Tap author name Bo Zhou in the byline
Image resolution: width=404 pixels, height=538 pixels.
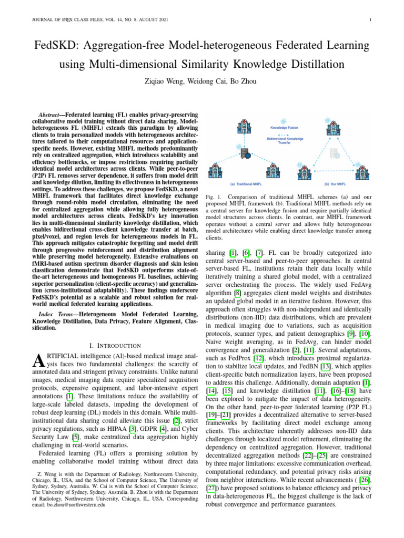(240, 81)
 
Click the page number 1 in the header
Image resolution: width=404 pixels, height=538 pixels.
(371, 20)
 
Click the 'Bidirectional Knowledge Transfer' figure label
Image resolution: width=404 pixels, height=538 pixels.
(285, 140)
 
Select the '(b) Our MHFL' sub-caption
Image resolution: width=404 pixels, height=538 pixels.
(333, 184)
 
